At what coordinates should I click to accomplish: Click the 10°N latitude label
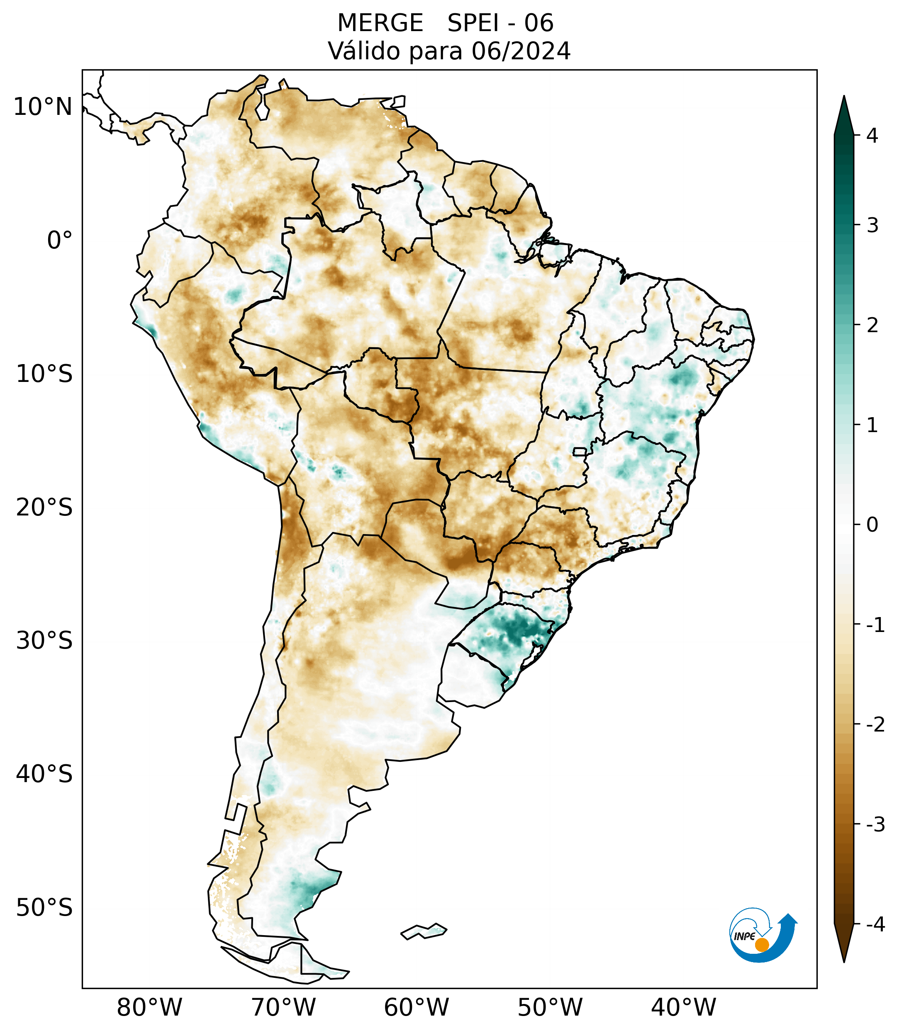[42, 107]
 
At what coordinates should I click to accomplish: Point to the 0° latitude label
[60, 241]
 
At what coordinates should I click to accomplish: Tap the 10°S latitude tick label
[44, 374]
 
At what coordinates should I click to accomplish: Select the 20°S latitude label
[44, 508]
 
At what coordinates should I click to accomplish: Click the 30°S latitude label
[44, 641]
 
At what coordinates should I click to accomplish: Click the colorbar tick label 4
[872, 136]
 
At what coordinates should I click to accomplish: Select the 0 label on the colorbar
[872, 525]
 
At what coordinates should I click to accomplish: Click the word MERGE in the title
[380, 23]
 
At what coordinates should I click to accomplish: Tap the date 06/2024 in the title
[521, 51]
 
